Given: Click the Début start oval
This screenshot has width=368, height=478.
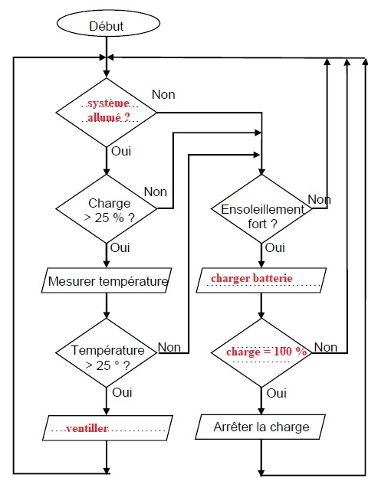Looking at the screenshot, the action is tap(108, 24).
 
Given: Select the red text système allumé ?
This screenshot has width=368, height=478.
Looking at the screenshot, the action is tap(109, 110).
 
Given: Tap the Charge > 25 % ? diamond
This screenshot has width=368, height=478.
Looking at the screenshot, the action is tap(107, 209).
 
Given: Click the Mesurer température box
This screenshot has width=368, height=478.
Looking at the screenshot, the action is tap(107, 280).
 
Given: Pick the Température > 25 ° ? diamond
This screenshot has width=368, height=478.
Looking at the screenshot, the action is tap(107, 353).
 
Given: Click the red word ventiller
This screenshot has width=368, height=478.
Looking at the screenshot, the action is tap(87, 428).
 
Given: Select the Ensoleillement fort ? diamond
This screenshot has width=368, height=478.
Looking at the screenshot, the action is tap(261, 209).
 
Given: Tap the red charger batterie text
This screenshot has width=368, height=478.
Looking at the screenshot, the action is tap(251, 278).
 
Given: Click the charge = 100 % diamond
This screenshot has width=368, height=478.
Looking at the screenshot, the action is tap(261, 353).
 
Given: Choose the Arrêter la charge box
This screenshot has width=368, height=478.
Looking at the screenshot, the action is tap(261, 427).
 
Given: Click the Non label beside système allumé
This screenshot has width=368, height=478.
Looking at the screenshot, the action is tap(163, 94).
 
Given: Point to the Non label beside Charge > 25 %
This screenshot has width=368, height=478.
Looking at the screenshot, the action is tap(156, 192).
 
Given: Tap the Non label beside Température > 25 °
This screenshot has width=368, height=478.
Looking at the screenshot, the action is tap(169, 347).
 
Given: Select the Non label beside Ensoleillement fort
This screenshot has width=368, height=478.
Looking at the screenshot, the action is tap(319, 200).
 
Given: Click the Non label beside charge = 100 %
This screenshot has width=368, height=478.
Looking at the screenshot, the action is tap(326, 347).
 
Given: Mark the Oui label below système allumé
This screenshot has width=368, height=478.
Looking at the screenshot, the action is tap(121, 151).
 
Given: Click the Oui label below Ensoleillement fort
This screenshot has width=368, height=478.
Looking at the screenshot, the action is tap(275, 248).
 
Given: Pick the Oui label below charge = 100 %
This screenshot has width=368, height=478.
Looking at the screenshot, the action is tap(277, 393).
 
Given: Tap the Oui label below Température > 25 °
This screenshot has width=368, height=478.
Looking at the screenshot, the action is tap(122, 392).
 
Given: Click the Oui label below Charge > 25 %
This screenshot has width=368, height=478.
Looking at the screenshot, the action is tap(120, 248).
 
